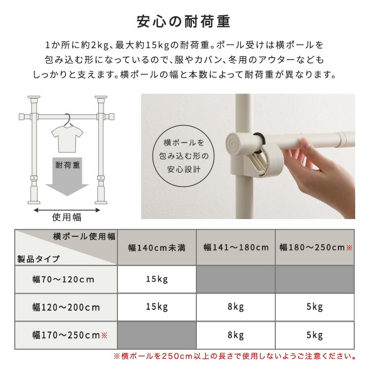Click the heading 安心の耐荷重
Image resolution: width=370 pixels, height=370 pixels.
pyautogui.click(x=185, y=22)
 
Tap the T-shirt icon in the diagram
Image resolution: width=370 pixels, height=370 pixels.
pyautogui.click(x=67, y=138)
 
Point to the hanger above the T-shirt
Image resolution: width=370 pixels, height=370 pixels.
pyautogui.click(x=67, y=119)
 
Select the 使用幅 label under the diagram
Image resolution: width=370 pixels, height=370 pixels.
pyautogui.click(x=67, y=218)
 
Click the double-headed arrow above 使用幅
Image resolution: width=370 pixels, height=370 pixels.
pyautogui.click(x=67, y=209)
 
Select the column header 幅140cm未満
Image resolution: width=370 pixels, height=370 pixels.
pyautogui.click(x=157, y=248)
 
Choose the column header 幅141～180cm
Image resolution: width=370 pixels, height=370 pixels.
pyautogui.click(x=236, y=248)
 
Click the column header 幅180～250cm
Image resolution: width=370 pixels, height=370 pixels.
pyautogui.click(x=315, y=248)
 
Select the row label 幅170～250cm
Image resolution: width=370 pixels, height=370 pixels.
pyautogui.click(x=69, y=336)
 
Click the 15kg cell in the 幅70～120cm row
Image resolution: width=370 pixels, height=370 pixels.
pyautogui.click(x=157, y=280)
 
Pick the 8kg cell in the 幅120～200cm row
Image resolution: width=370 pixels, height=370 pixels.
pyautogui.click(x=236, y=308)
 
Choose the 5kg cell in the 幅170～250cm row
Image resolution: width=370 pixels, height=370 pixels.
pyautogui.click(x=315, y=336)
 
